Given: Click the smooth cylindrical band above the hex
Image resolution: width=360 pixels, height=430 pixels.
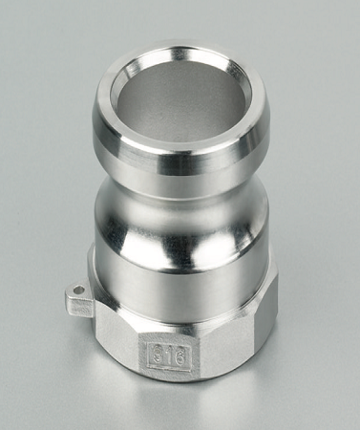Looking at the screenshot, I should (181, 272).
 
